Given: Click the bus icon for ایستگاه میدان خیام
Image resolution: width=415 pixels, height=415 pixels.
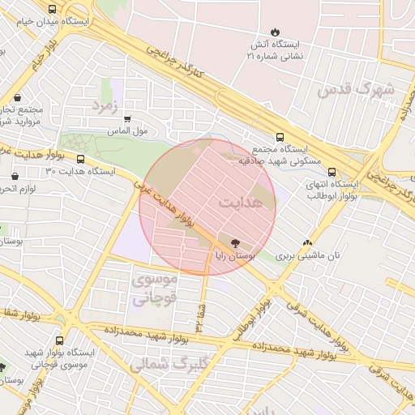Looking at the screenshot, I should coord(53,9).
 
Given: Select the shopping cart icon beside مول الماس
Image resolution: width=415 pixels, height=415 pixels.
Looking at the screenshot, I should coord(126,118).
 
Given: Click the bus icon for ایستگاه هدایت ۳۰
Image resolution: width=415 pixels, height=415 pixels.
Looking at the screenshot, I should coord(80,159).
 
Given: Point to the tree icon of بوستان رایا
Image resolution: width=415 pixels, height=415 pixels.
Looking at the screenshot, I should coord(235,242).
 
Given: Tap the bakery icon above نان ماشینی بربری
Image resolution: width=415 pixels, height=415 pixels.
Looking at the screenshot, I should coord(306,242).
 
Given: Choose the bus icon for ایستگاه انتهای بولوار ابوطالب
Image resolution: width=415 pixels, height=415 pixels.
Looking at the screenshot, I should coord(331,172).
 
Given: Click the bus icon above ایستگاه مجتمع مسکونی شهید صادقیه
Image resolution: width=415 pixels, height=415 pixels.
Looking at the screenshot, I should coord(280,138).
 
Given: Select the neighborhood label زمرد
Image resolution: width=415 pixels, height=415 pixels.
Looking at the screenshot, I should coord(105,105).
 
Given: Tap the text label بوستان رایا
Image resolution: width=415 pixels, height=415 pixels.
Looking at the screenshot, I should coord(235,256).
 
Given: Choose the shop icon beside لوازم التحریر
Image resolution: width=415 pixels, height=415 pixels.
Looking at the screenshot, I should coord(15,176).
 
